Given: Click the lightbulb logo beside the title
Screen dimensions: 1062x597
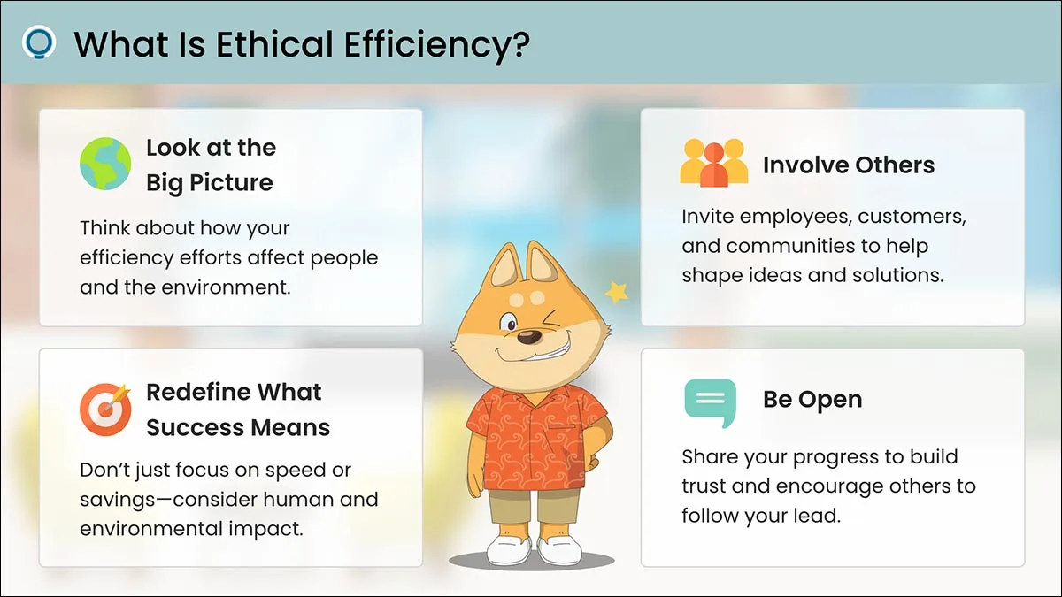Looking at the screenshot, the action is (x=39, y=42).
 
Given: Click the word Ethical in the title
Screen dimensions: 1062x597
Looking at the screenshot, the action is (x=274, y=44).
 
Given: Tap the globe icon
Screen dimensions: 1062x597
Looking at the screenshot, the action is (x=105, y=164).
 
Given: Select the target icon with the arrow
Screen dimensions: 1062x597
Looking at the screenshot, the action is (x=105, y=409).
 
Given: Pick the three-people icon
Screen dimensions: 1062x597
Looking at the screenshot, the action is (x=713, y=162).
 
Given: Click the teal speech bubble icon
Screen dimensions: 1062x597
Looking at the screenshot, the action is (x=710, y=402).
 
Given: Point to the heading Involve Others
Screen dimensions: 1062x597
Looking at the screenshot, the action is (x=849, y=165).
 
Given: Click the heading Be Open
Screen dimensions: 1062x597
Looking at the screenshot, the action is (x=812, y=400).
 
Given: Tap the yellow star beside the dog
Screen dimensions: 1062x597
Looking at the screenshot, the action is (x=617, y=292).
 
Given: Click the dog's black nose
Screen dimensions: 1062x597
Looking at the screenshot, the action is (x=528, y=337).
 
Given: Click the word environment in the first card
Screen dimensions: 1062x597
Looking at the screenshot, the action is (x=225, y=287).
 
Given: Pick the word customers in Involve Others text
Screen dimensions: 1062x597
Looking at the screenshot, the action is (x=912, y=217).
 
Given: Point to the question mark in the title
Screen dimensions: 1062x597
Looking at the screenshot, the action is (x=521, y=44).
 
